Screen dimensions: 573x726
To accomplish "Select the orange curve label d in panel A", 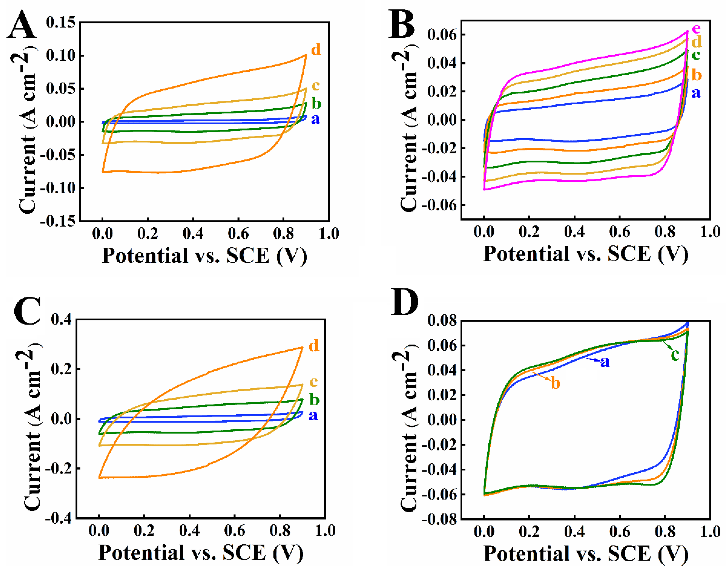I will [x=316, y=50].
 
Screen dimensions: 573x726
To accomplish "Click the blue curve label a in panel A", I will [x=315, y=119].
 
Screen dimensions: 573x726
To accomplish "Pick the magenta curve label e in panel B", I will [x=696, y=29].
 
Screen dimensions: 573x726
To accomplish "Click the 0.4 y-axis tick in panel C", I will [x=61, y=319].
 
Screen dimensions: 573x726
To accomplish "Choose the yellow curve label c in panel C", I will [x=313, y=381].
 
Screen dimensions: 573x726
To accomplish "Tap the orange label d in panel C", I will [x=314, y=346].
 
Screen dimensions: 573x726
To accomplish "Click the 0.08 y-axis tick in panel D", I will [x=442, y=320].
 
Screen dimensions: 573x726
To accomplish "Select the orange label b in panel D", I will [x=555, y=383].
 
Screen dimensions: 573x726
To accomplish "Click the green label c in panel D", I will [x=675, y=355].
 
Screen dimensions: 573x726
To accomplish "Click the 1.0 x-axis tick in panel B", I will [x=710, y=232].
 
